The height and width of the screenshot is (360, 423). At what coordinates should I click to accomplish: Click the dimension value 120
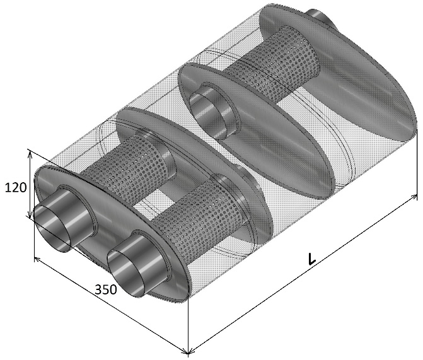tap(16, 187)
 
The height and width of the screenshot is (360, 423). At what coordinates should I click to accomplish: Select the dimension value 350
tap(106, 289)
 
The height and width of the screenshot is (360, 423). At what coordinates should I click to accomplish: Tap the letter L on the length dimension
tap(311, 258)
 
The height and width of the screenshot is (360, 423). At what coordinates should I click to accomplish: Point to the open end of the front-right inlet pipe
tap(126, 273)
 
